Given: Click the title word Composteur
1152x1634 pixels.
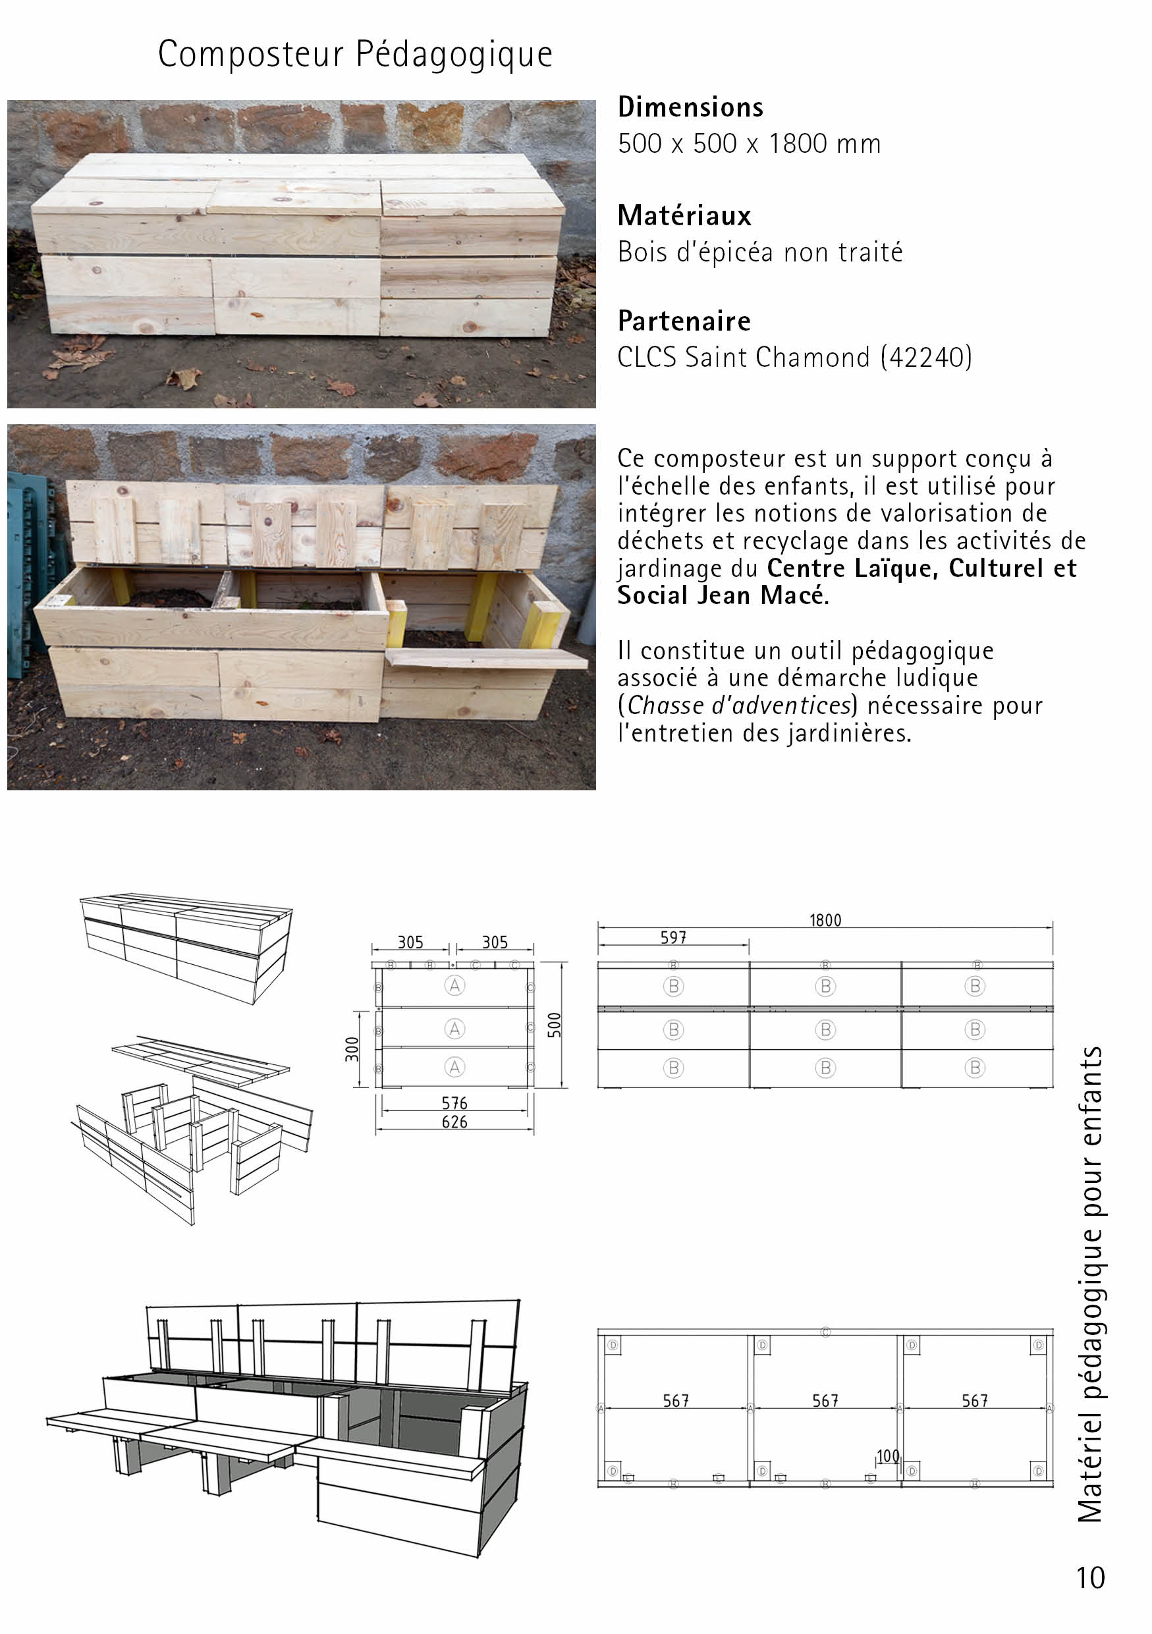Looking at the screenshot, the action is tap(251, 54).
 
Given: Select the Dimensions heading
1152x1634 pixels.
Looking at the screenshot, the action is tap(690, 107).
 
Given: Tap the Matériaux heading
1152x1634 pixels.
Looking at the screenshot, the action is tap(684, 215).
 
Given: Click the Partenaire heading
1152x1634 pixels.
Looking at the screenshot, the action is tap(684, 321).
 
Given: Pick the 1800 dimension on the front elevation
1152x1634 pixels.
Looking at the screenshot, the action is tap(825, 920).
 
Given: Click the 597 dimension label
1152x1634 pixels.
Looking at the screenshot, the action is tap(673, 938).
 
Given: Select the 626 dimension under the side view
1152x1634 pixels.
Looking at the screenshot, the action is tap(454, 1122).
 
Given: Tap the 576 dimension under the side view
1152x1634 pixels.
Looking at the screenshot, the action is tap(454, 1103).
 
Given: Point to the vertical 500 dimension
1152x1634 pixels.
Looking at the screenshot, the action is tap(555, 1025).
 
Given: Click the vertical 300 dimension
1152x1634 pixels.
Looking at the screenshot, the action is tap(352, 1049).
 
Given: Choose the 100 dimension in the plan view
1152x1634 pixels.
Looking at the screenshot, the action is tap(888, 1456).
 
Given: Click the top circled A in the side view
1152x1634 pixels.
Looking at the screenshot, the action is tap(454, 986).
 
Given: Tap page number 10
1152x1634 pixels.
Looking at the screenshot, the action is tap(1090, 1578).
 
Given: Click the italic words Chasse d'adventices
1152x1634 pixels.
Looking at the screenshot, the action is tap(739, 705).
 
